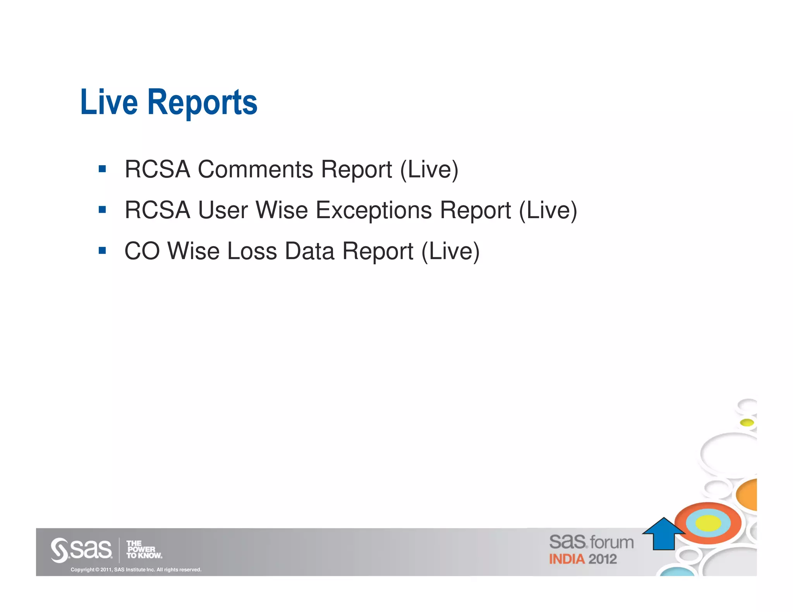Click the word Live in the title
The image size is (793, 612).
coord(109,102)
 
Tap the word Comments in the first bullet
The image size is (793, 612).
coord(255,169)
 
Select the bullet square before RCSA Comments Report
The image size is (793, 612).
coord(102,169)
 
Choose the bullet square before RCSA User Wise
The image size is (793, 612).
coord(102,210)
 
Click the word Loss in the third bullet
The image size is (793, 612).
coord(252,251)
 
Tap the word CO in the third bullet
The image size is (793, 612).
coord(142,251)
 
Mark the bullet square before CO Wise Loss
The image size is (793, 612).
coord(102,251)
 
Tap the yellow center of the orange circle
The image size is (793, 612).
coord(708,523)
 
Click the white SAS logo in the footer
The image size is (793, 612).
coord(81,549)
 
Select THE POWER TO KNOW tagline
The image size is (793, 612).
coord(144,550)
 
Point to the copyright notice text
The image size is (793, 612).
coord(136,569)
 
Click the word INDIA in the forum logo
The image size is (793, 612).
coord(566,559)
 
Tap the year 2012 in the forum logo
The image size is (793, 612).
coord(602,559)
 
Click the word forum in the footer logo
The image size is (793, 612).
coord(612,542)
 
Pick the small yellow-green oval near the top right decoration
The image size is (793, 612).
coord(747,422)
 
